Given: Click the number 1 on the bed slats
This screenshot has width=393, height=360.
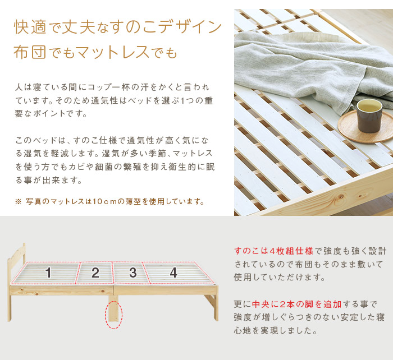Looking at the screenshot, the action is coord(49,273).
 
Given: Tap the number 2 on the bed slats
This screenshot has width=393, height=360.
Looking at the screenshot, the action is coord(95,273).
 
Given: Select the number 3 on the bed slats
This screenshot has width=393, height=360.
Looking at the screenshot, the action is coord(133,273).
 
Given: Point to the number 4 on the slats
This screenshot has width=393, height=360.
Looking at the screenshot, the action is coord(173,273).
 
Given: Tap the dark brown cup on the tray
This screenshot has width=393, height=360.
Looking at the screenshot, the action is coord(369,116).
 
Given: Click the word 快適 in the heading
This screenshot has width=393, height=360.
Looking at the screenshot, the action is coord(30,27).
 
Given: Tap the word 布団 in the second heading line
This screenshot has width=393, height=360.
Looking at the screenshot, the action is coord(30,52).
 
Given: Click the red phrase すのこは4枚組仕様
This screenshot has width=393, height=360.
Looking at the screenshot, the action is coord(274,251).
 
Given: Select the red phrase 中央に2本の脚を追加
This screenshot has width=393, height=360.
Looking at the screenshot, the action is coord(297,304).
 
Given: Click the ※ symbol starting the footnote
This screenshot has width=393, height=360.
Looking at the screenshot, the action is coord(18,201).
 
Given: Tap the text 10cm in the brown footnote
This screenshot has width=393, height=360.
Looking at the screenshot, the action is coord(105,201).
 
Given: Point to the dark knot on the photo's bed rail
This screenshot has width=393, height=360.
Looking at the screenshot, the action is coord(341,197).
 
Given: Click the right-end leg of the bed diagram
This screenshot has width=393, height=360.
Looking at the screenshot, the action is coord(215,307).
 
